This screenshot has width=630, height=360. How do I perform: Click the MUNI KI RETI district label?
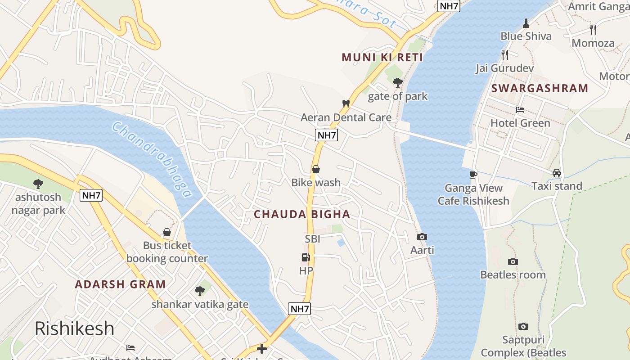tap(382, 57)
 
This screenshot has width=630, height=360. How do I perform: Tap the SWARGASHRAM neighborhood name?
tap(540, 88)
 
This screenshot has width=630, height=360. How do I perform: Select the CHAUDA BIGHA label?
tap(302, 214)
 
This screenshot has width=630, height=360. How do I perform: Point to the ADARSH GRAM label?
tap(120, 284)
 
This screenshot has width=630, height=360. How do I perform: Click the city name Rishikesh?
tap(75, 328)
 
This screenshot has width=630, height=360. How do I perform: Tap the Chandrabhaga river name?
tap(152, 160)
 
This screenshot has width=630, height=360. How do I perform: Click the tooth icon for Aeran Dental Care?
tap(346, 103)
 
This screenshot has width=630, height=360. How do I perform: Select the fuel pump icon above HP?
tap(306, 257)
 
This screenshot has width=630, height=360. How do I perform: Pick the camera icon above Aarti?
tap(422, 237)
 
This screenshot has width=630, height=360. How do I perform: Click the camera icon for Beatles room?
tap(513, 261)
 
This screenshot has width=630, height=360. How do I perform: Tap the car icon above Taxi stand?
tap(557, 173)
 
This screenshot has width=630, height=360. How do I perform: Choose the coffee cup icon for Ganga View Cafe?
tap(473, 175)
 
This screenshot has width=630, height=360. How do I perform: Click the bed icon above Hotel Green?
tap(520, 110)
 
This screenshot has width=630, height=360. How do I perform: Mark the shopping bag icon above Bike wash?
tap(316, 169)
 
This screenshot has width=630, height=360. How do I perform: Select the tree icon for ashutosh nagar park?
tap(38, 184)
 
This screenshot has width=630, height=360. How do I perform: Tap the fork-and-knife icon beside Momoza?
tap(593, 30)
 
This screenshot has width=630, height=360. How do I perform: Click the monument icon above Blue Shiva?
tap(526, 23)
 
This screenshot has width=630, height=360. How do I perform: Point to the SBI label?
tap(312, 239)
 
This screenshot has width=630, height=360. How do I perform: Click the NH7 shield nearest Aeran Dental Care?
tap(326, 135)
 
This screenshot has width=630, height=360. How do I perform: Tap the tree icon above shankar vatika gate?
tap(199, 291)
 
